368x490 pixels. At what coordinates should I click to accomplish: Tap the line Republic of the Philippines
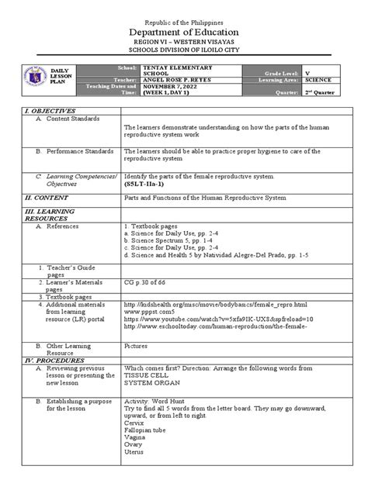coord(183,9)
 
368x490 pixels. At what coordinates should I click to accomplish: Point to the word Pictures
coord(137,347)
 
